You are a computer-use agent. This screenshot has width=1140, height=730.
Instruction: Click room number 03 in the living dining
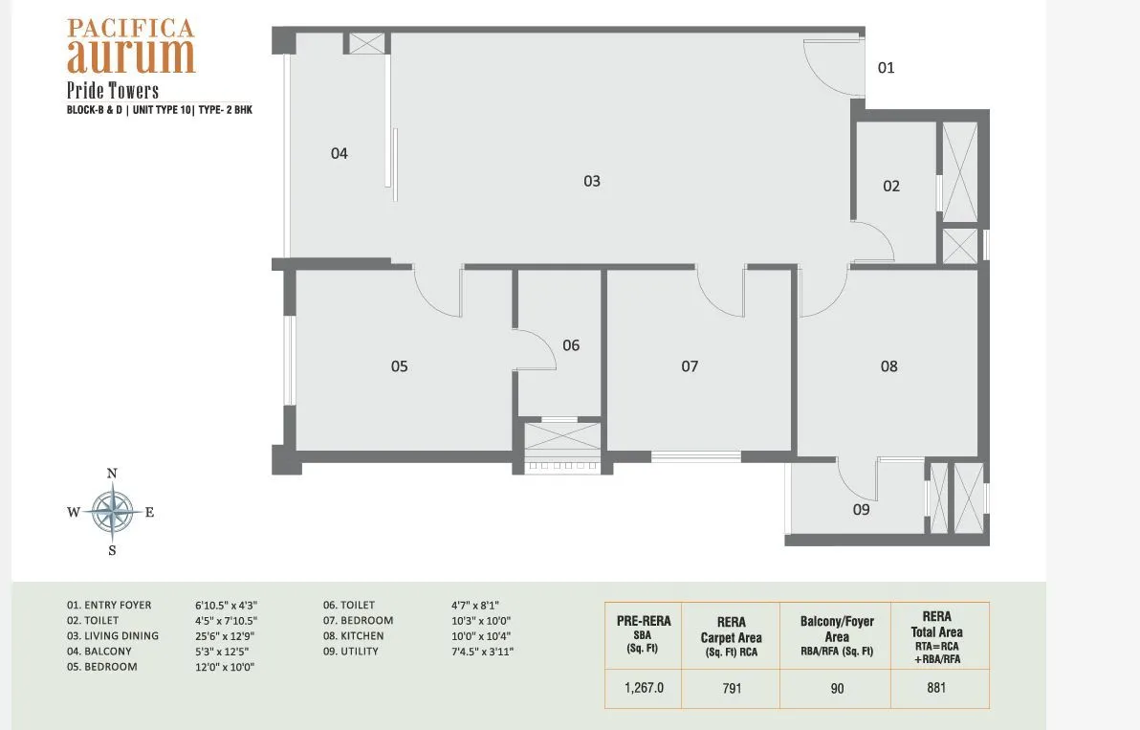click(x=592, y=181)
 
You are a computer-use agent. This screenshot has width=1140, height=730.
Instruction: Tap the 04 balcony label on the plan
click(x=340, y=153)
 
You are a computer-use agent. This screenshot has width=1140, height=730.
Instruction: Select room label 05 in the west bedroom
click(x=400, y=366)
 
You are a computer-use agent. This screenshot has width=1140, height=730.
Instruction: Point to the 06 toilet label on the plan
click(x=571, y=345)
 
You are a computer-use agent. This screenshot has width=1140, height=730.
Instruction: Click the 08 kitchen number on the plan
click(x=889, y=366)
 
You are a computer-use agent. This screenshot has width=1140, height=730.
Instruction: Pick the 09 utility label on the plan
click(x=862, y=510)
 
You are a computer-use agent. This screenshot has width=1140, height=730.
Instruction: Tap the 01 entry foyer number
click(x=887, y=68)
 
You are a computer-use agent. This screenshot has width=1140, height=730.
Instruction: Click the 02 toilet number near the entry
click(x=891, y=187)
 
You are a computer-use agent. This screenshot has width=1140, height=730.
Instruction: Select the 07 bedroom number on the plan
click(x=690, y=366)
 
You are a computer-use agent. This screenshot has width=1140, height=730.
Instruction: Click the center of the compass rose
click(x=112, y=511)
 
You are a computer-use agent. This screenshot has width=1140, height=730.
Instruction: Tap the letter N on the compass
click(x=112, y=474)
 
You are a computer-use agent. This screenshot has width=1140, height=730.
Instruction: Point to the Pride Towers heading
click(x=113, y=91)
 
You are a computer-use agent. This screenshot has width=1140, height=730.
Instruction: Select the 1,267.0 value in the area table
click(x=642, y=688)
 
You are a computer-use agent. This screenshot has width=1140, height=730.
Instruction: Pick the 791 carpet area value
click(x=731, y=688)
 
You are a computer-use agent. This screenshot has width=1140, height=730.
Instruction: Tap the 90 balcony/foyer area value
click(x=838, y=688)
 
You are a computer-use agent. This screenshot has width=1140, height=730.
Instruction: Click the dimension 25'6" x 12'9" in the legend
click(x=226, y=636)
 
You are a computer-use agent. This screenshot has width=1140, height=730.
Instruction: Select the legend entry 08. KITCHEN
click(x=354, y=636)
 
